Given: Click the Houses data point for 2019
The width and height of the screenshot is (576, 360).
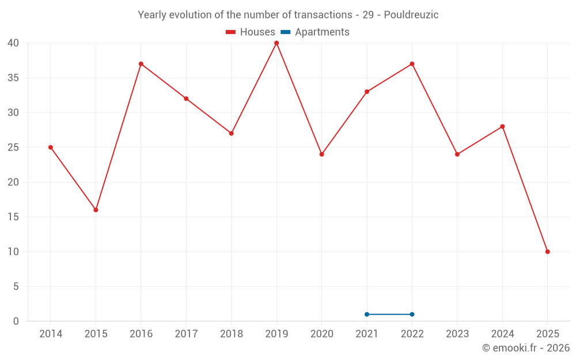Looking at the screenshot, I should (x=276, y=43).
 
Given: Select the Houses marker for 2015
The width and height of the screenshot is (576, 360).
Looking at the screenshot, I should (x=96, y=210).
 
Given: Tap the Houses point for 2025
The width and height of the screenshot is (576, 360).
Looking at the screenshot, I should (x=547, y=252).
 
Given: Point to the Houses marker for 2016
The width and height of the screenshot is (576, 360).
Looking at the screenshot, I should (x=141, y=64).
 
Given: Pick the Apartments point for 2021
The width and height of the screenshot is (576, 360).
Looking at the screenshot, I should (x=367, y=314).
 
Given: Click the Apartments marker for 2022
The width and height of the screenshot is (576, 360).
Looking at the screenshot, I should (x=412, y=314).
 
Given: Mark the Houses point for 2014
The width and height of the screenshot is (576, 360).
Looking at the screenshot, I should (x=51, y=147).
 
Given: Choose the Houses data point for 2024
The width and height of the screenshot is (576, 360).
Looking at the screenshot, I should (x=502, y=127).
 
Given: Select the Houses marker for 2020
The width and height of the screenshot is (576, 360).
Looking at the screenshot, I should (x=322, y=154).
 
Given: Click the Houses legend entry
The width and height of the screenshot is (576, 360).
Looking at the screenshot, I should (x=251, y=32).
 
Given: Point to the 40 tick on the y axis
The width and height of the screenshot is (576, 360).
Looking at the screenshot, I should (x=13, y=43).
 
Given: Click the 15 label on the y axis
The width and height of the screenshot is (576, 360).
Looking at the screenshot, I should (x=13, y=217).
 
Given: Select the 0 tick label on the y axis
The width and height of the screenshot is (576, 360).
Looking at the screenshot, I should (x=16, y=321).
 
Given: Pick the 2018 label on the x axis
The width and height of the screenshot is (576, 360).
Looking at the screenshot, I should (x=232, y=334).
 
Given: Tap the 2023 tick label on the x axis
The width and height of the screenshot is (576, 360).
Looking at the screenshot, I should (x=457, y=334).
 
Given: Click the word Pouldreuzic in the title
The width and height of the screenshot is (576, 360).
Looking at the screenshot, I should (x=411, y=15).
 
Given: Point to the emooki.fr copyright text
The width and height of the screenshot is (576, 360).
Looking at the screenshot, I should (x=525, y=348).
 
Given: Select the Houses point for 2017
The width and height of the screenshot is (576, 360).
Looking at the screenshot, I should (x=186, y=98).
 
